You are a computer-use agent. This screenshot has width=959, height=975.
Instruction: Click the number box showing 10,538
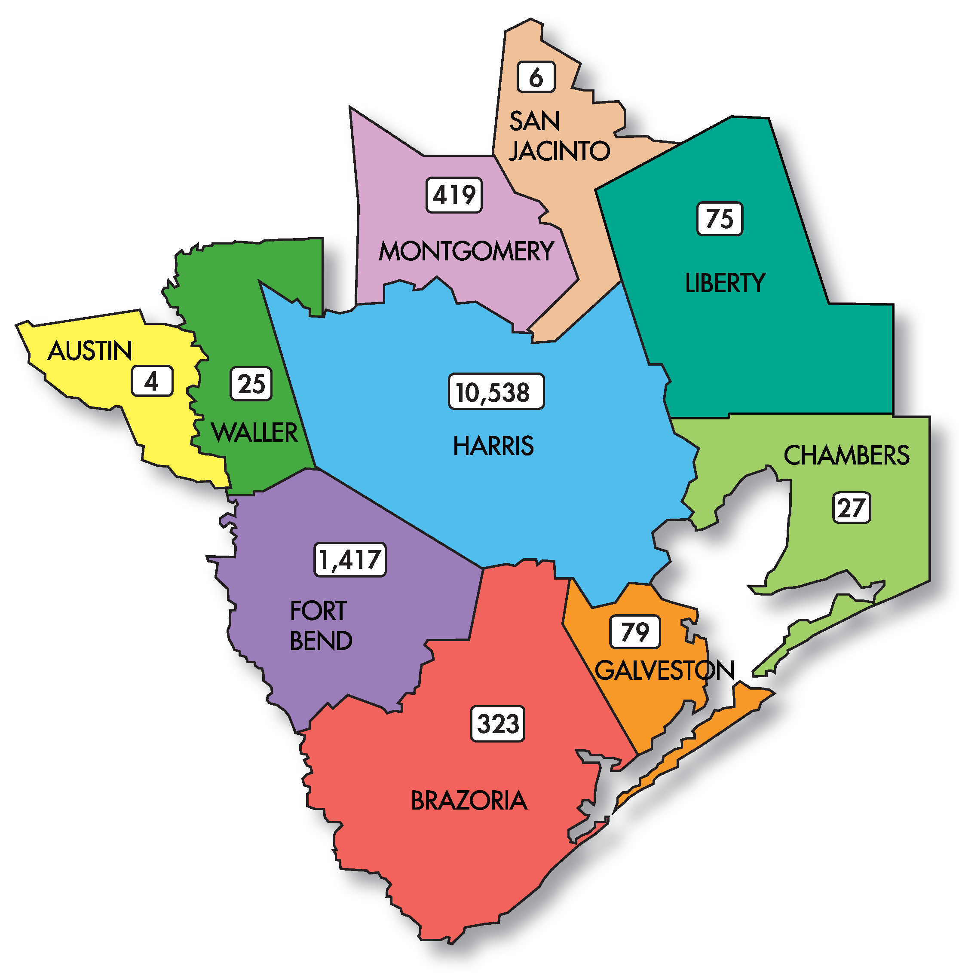click(496, 391)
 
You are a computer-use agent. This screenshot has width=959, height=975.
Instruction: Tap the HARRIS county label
click(493, 446)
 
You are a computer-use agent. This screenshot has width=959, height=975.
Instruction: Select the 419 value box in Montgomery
click(454, 195)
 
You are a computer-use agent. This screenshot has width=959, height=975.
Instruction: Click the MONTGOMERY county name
click(466, 251)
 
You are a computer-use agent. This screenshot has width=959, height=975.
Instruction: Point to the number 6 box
click(536, 77)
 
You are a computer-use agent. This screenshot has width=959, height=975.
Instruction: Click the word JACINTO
click(559, 150)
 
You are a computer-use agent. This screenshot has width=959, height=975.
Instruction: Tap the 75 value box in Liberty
click(719, 219)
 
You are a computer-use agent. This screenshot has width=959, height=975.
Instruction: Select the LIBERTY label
click(725, 283)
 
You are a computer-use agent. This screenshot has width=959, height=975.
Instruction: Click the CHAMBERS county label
click(846, 455)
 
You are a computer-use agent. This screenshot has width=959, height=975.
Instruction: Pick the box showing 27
click(851, 507)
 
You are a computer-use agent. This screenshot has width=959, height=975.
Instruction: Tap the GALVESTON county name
click(665, 670)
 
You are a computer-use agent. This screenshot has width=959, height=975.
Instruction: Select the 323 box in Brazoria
click(498, 724)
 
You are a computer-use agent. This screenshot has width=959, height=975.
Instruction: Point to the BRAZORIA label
click(469, 801)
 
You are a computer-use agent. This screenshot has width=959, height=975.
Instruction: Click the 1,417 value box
click(350, 559)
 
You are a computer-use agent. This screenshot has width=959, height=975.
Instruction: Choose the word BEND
click(321, 641)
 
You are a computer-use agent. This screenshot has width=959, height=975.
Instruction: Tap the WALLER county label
click(255, 433)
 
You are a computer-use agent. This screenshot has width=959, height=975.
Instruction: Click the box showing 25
click(251, 384)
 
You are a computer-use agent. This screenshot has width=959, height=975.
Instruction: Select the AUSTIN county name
click(90, 351)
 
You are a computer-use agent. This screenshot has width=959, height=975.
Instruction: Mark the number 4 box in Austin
click(152, 382)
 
